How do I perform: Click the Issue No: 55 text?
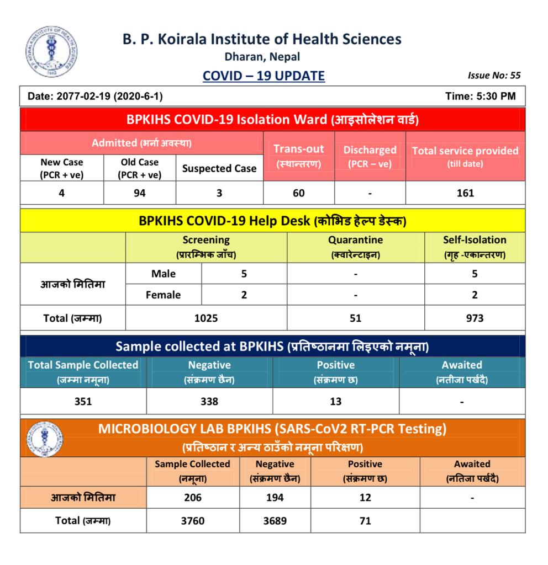pyautogui.click(x=494, y=76)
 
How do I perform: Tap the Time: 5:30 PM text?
pyautogui.click(x=480, y=96)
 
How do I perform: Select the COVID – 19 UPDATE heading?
pyautogui.click(x=264, y=76)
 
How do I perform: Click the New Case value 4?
pyautogui.click(x=61, y=193)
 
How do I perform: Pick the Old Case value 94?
pyautogui.click(x=139, y=193)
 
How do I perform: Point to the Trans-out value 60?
pyautogui.click(x=298, y=193)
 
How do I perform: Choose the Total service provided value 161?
pyautogui.click(x=465, y=193)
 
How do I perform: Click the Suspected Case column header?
pyautogui.click(x=219, y=168)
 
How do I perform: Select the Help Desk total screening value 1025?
pyautogui.click(x=206, y=318)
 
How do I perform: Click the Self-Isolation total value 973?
pyautogui.click(x=475, y=318)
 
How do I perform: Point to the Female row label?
pyautogui.click(x=163, y=295)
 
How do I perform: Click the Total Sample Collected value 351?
pyautogui.click(x=83, y=402)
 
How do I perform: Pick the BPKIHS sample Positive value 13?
pyautogui.click(x=335, y=402)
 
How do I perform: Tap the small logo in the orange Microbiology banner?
pyautogui.click(x=44, y=438)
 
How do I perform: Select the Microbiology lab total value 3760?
pyautogui.click(x=192, y=520)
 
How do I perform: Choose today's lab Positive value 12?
pyautogui.click(x=365, y=497)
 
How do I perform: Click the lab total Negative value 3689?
pyautogui.click(x=275, y=520)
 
